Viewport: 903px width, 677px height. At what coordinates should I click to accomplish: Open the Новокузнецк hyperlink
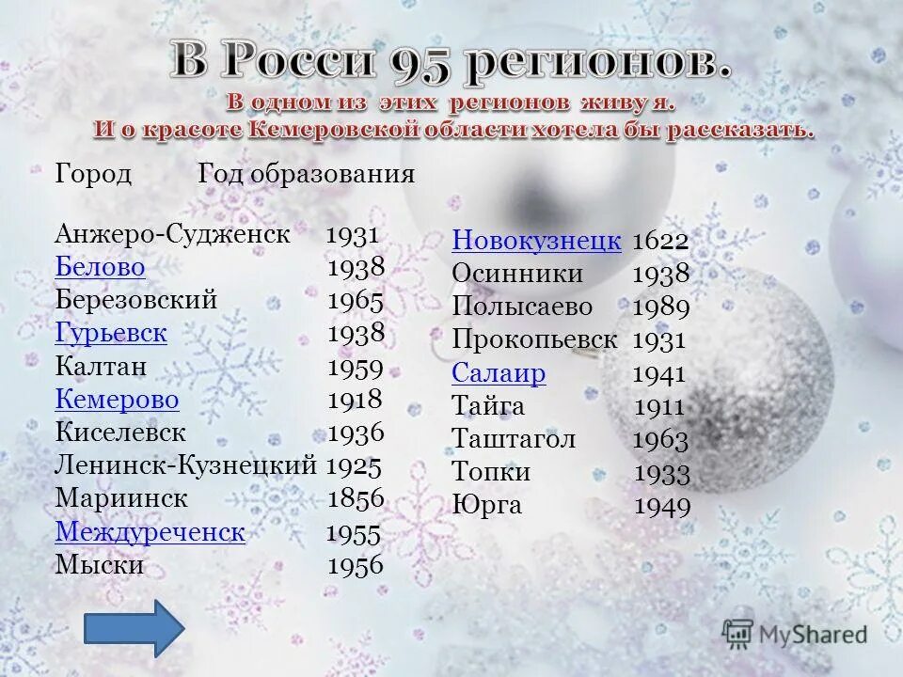(x=536, y=241)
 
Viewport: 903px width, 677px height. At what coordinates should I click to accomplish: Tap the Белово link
(x=101, y=267)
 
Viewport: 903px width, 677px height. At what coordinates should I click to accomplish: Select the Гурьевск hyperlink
(x=111, y=332)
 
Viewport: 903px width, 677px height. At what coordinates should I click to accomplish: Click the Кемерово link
(x=118, y=400)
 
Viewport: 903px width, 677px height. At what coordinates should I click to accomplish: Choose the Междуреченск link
(x=150, y=532)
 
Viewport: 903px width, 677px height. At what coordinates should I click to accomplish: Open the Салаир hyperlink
(x=499, y=373)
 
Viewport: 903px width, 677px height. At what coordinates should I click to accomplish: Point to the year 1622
(x=660, y=242)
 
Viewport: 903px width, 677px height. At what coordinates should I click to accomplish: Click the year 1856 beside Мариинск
(x=356, y=498)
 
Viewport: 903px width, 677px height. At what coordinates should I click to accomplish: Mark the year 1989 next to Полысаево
(x=661, y=307)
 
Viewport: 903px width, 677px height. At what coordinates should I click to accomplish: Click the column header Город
(x=93, y=175)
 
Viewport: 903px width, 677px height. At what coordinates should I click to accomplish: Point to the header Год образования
(x=307, y=175)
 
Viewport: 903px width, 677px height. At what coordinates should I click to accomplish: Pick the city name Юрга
(x=486, y=505)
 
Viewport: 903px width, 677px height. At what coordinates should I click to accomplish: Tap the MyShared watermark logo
(x=795, y=634)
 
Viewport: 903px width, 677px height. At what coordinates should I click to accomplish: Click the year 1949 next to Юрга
(x=662, y=507)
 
